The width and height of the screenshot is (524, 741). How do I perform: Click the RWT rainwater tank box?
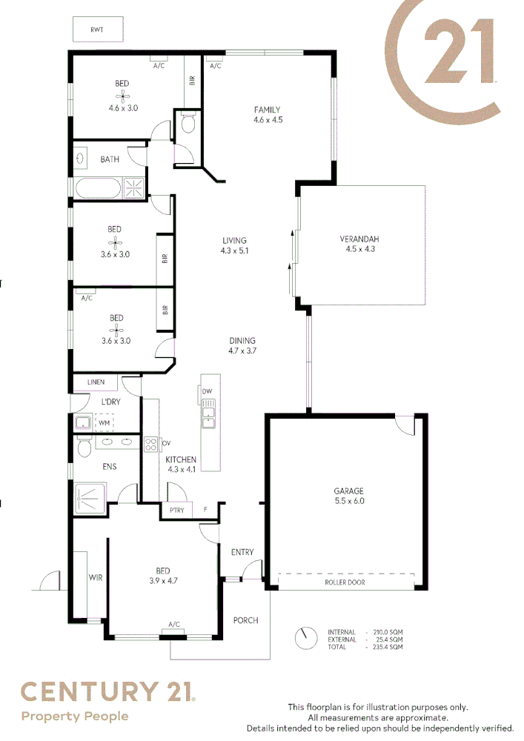[97, 30]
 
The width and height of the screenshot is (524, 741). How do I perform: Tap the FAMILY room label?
[267, 110]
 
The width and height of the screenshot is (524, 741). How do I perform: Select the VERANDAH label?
[359, 239]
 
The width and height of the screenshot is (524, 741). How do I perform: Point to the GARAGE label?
[348, 491]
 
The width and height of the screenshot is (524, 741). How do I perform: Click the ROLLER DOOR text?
[345, 582]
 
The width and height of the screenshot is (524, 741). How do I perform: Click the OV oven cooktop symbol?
[151, 445]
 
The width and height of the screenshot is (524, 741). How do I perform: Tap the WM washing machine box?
[104, 422]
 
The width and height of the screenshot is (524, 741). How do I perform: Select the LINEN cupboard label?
[96, 383]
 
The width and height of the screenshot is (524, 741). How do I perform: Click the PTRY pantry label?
[176, 511]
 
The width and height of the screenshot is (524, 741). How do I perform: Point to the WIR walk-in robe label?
[96, 576]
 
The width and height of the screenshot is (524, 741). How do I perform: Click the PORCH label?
[246, 620]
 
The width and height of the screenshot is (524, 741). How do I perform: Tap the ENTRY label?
[242, 552]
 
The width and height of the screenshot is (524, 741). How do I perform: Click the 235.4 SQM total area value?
[386, 647]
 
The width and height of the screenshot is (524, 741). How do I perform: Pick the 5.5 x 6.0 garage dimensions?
[348, 502]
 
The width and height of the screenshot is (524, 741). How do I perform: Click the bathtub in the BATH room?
[97, 187]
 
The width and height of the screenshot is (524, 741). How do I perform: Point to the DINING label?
[242, 341]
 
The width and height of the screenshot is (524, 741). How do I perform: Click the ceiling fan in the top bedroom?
[122, 96]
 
